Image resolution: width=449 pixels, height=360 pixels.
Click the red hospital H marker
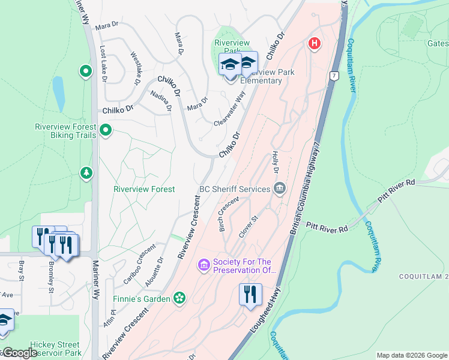coord(313,43)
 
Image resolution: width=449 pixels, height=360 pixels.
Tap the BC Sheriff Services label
coord(235,189)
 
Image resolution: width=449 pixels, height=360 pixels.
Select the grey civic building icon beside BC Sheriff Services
coord(279,189)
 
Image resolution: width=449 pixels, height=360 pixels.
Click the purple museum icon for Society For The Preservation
coord(203,265)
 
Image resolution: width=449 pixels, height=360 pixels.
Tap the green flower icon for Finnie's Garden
coord(178,298)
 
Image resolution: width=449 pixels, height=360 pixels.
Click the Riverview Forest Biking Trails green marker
coord(106,130)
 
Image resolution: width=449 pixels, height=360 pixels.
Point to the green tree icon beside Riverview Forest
coord(86,173)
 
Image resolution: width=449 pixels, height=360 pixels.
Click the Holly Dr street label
coord(276,163)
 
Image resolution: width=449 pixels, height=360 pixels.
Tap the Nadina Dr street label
coord(161,101)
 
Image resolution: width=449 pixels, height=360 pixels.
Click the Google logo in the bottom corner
coord(20,353)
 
